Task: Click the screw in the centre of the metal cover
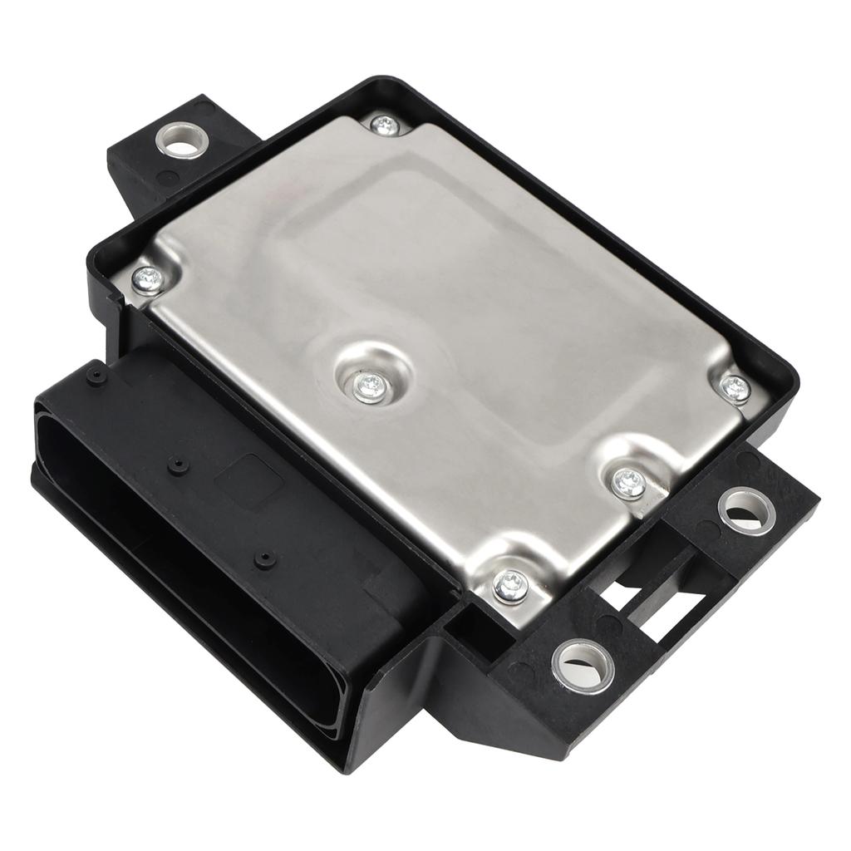click(x=369, y=386)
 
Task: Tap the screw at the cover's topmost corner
click(x=384, y=125)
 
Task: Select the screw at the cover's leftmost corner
click(x=149, y=279)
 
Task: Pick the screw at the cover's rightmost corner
click(x=735, y=386)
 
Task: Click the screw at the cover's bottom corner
click(x=510, y=585)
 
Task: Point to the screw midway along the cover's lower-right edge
click(x=628, y=482)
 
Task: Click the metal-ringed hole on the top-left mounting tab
click(x=180, y=140)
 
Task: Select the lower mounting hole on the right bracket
click(x=583, y=665)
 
